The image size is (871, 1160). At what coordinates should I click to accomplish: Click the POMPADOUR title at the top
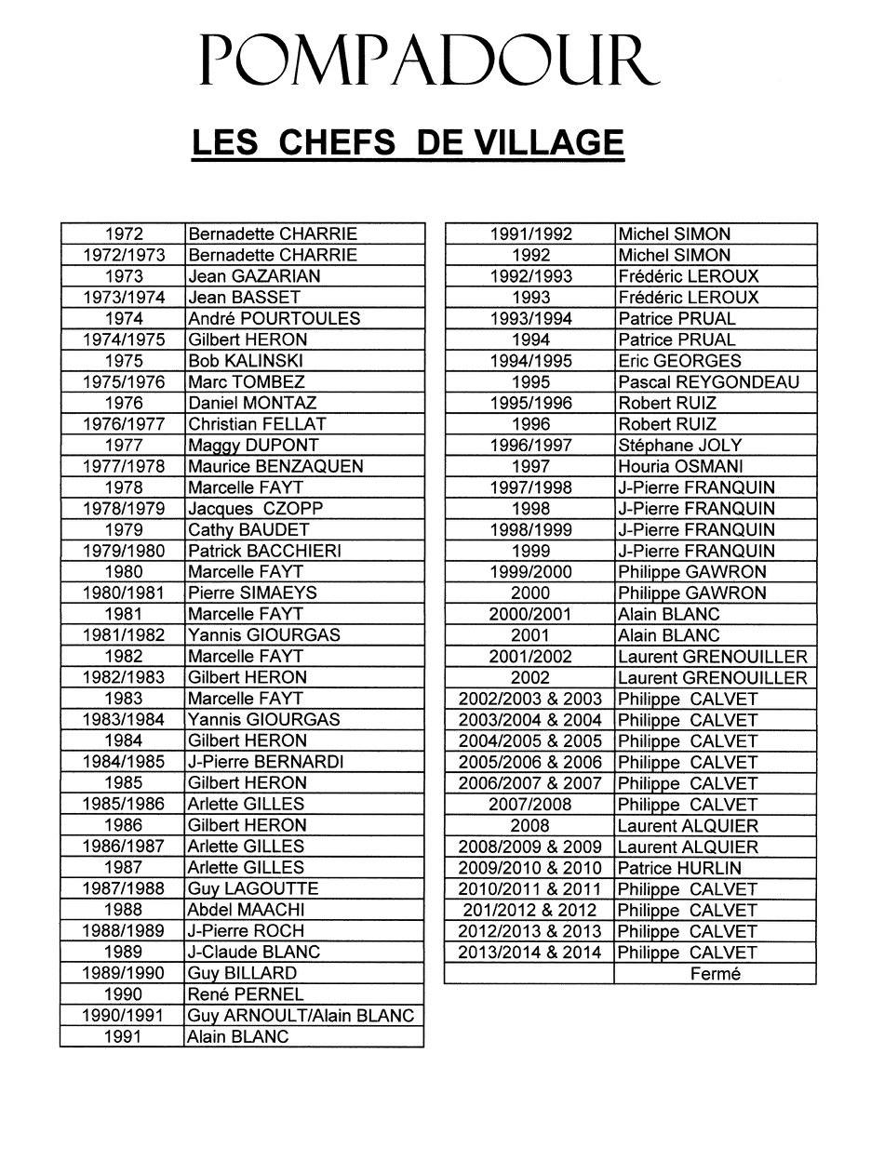coord(429,61)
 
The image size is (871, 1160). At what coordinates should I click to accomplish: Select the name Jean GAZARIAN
coord(254,276)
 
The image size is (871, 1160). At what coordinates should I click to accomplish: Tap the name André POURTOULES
coord(274,318)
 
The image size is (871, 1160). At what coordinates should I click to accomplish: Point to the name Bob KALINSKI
coord(246,361)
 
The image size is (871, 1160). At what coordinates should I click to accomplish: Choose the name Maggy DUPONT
coord(253,445)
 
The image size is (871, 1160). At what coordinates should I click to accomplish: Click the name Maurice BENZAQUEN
coord(275,466)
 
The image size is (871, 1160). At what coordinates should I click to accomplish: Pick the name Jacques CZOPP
coord(255,509)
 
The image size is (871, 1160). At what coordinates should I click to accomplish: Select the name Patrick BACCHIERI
coord(264,551)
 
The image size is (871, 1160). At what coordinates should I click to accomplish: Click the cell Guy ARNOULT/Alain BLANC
coord(301,1016)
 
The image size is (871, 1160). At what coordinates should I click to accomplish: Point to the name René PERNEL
coord(246,994)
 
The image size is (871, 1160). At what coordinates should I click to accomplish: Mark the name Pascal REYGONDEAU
coord(708,381)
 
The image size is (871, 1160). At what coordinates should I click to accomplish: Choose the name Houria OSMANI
coord(680,466)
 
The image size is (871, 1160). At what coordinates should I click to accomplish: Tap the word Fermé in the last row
coord(716,974)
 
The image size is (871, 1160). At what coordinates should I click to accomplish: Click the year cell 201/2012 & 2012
coord(529,910)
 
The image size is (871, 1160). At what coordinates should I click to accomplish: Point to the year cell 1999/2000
coord(530,572)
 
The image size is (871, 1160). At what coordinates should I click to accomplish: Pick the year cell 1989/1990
coord(124,973)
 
